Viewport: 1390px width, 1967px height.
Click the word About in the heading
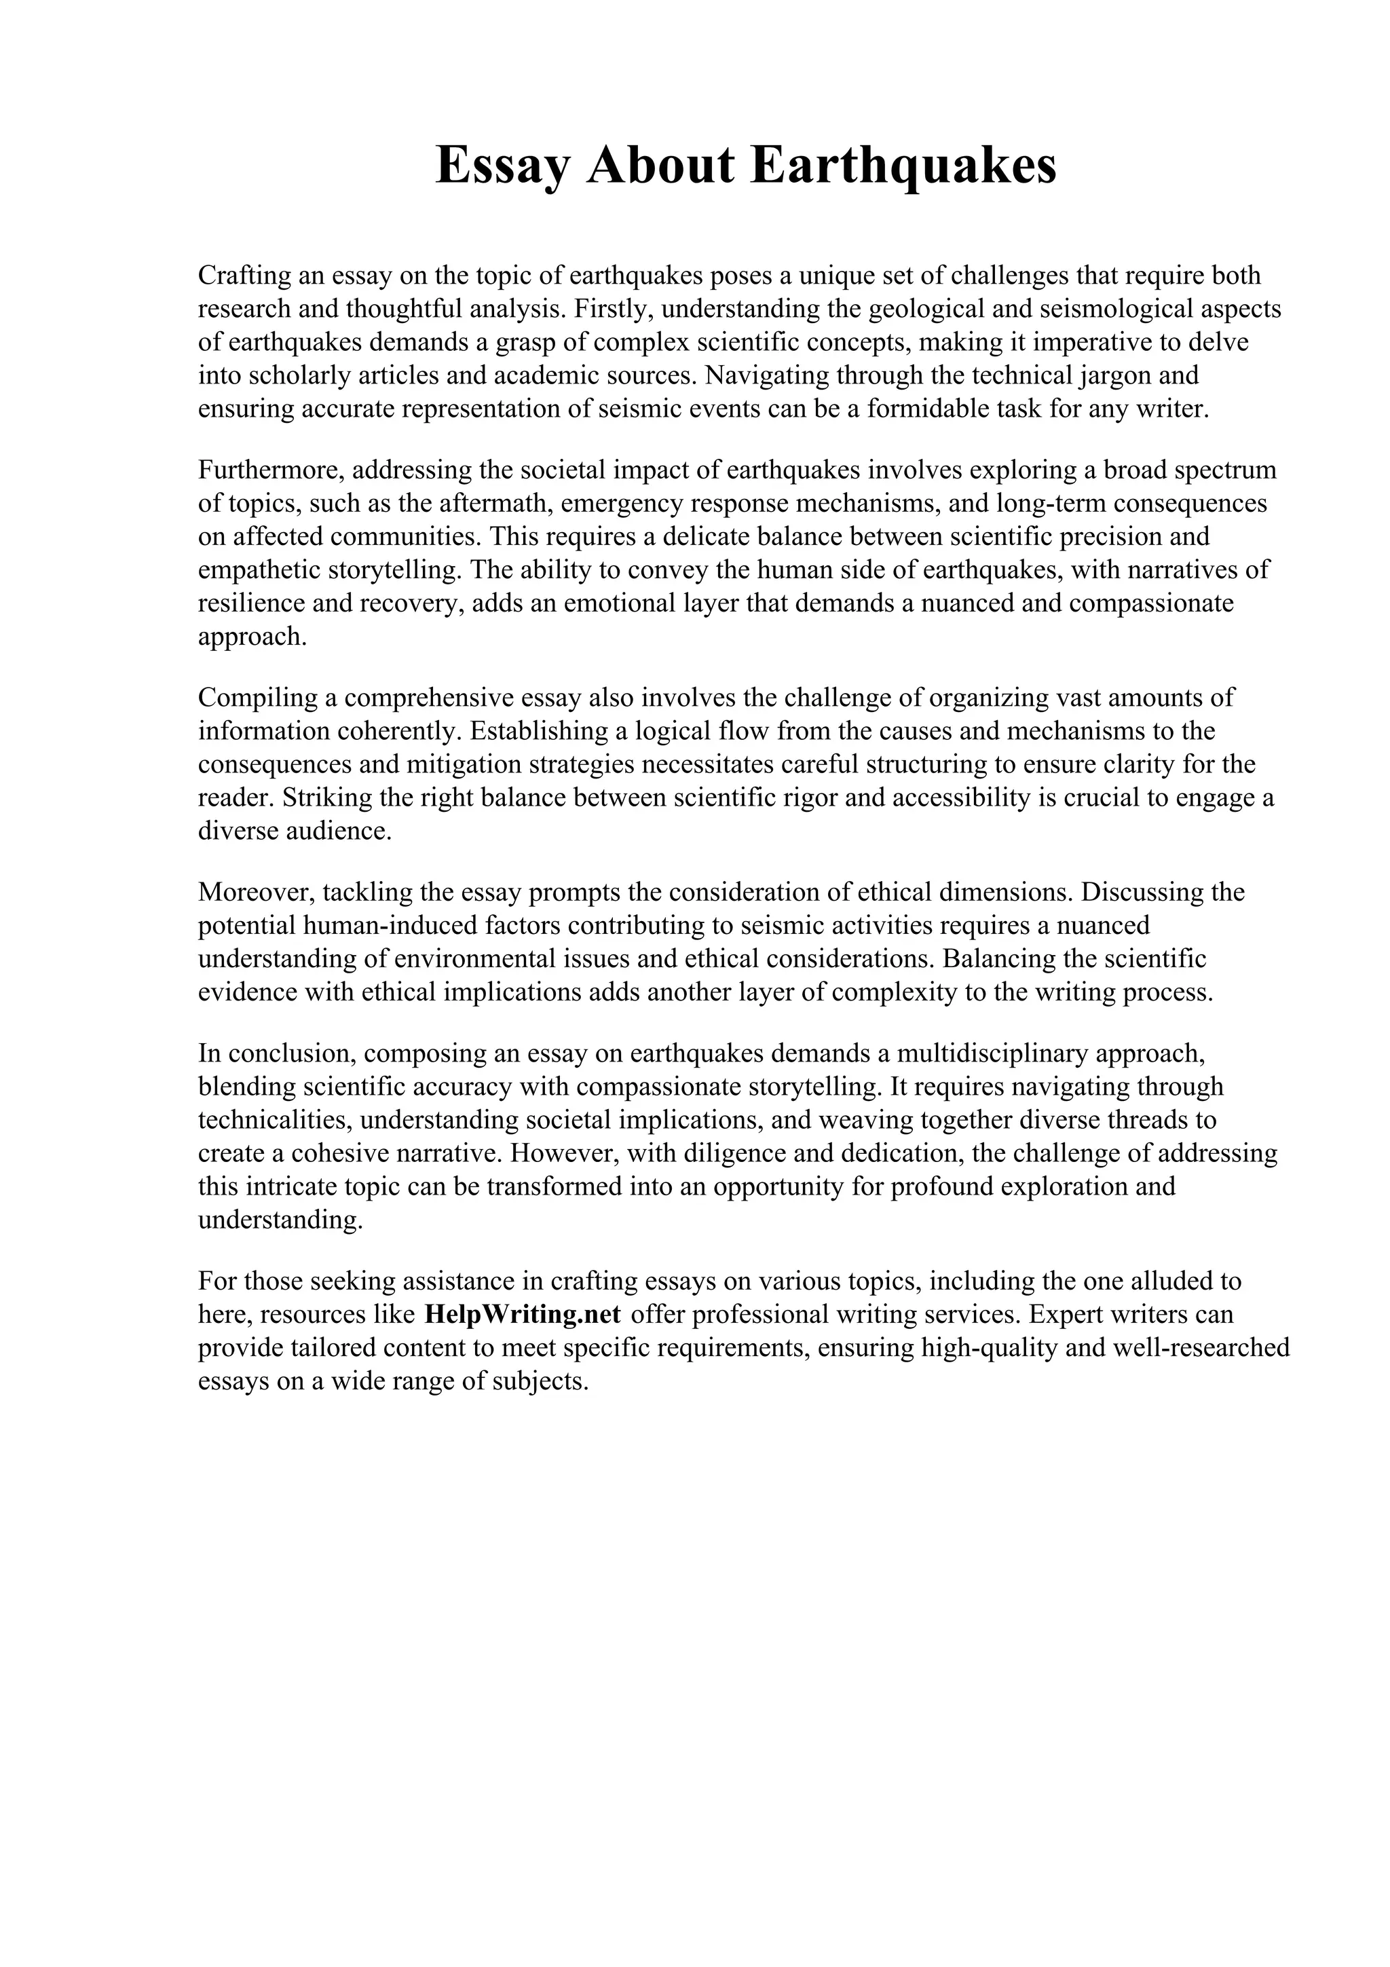point(660,166)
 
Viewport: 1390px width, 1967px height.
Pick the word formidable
point(926,409)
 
